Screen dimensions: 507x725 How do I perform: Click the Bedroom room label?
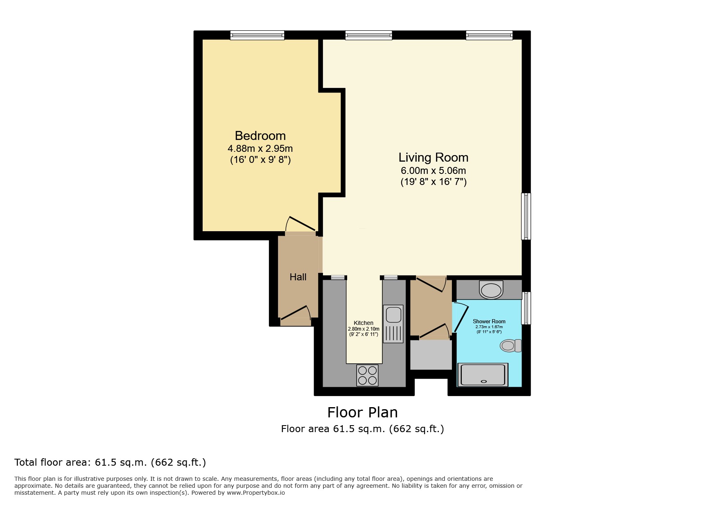pyautogui.click(x=260, y=136)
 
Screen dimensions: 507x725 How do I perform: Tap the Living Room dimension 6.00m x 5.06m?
pyautogui.click(x=433, y=171)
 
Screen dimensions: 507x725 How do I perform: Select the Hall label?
pyautogui.click(x=298, y=277)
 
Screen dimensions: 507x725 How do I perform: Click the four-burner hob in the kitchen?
pyautogui.click(x=367, y=375)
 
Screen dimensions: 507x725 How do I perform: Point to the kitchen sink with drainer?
pyautogui.click(x=393, y=324)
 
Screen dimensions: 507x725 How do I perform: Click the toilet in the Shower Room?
pyautogui.click(x=510, y=346)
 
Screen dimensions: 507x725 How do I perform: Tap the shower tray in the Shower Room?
pyautogui.click(x=483, y=375)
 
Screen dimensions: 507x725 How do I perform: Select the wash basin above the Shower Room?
pyautogui.click(x=491, y=290)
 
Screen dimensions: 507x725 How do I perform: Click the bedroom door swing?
pyautogui.click(x=301, y=225)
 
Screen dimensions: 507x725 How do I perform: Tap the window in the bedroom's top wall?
pyautogui.click(x=257, y=36)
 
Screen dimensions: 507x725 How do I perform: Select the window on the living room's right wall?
pyautogui.click(x=526, y=216)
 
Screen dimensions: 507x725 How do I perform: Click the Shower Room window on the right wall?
pyautogui.click(x=526, y=308)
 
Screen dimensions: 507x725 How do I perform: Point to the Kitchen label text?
pyautogui.click(x=363, y=323)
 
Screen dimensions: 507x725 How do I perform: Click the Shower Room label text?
pyautogui.click(x=489, y=322)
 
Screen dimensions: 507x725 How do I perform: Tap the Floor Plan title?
pyautogui.click(x=362, y=412)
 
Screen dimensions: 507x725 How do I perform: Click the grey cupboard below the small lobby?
pyautogui.click(x=431, y=354)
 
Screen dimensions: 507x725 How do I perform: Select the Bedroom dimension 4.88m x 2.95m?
pyautogui.click(x=260, y=149)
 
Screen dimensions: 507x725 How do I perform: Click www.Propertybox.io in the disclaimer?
pyautogui.click(x=255, y=493)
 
